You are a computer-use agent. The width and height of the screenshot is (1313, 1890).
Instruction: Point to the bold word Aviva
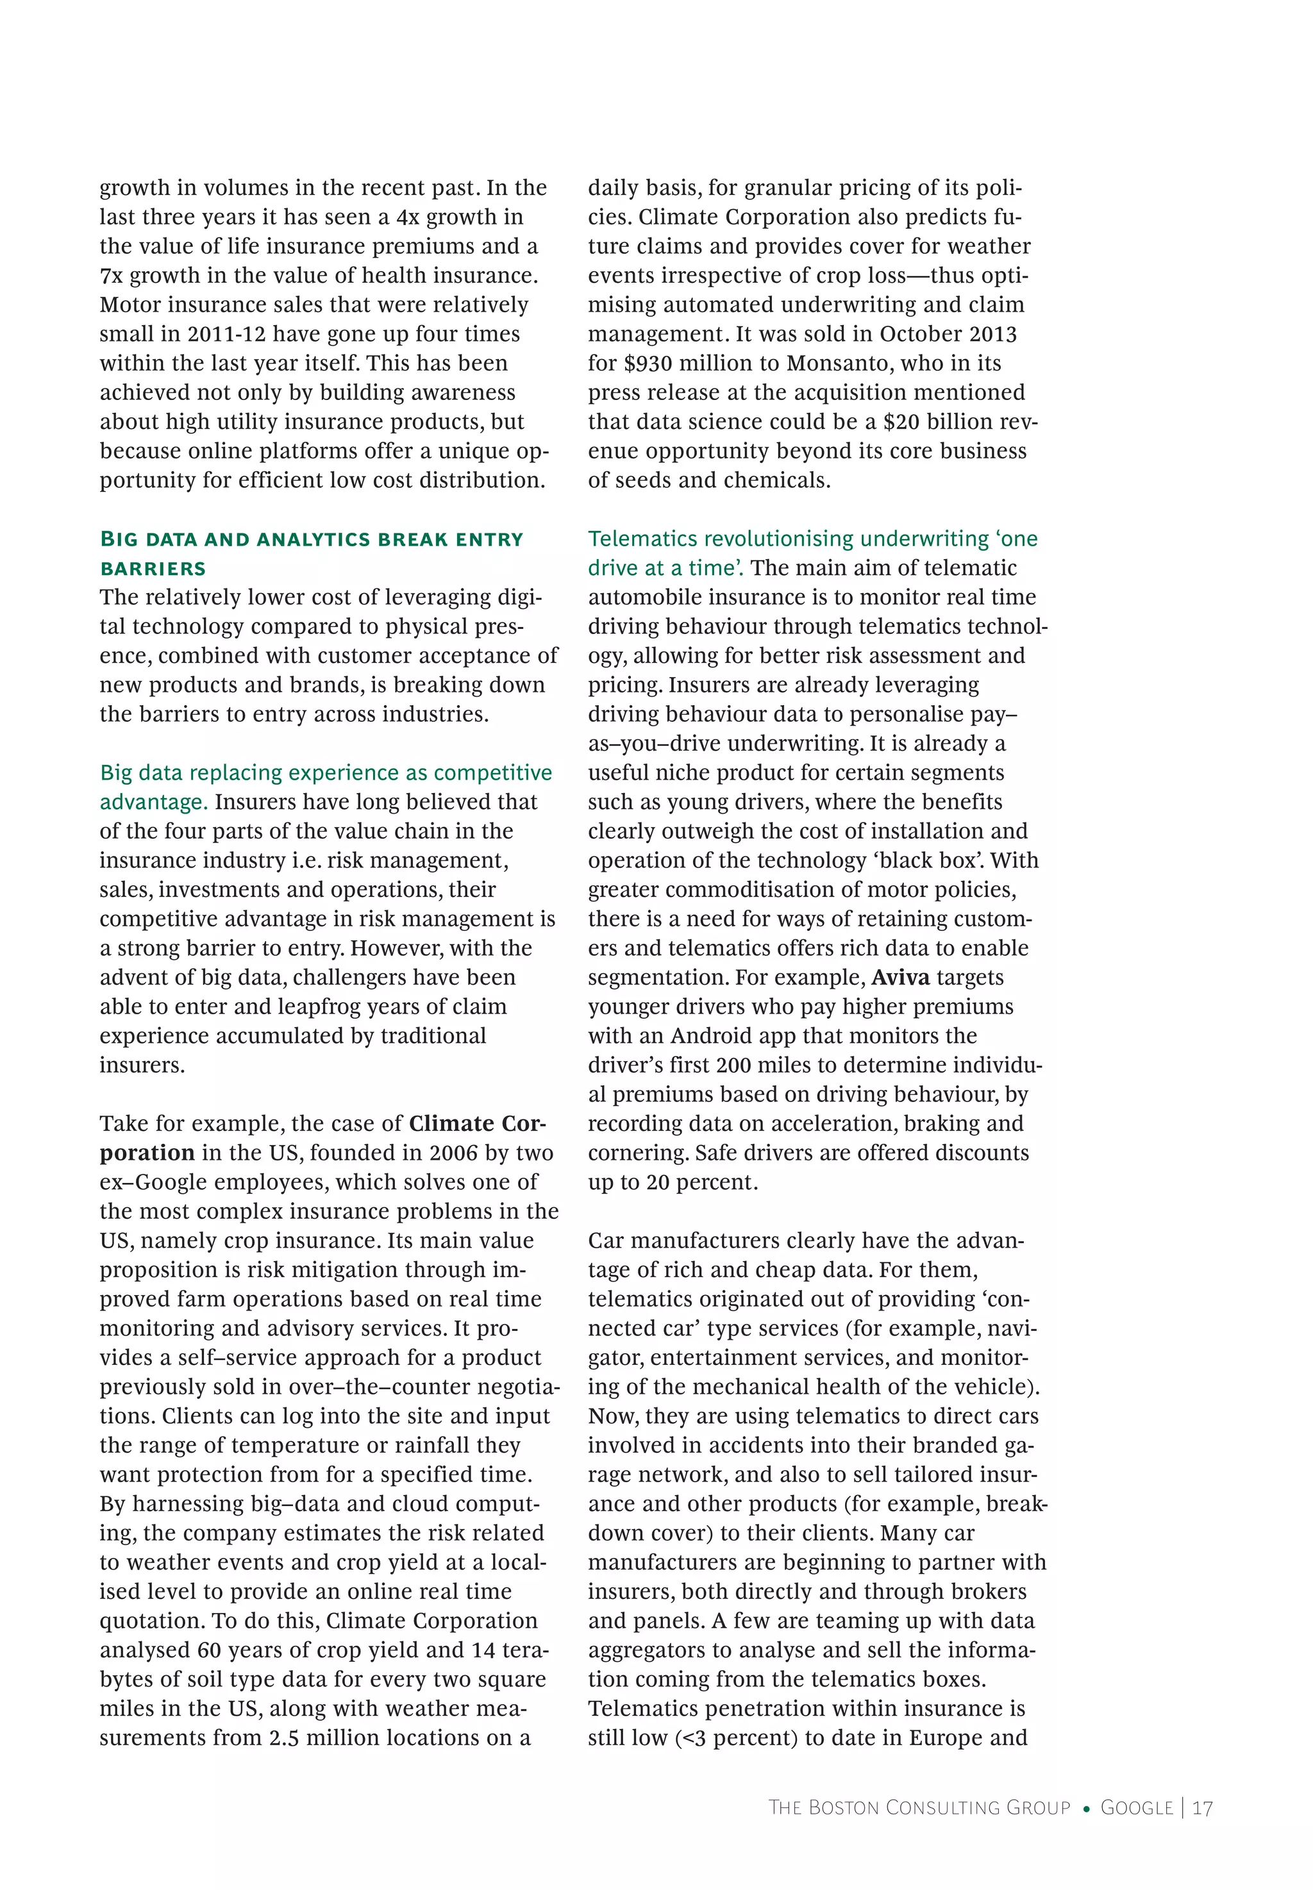(900, 977)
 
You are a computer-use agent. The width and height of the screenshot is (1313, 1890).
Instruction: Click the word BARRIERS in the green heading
(153, 569)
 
